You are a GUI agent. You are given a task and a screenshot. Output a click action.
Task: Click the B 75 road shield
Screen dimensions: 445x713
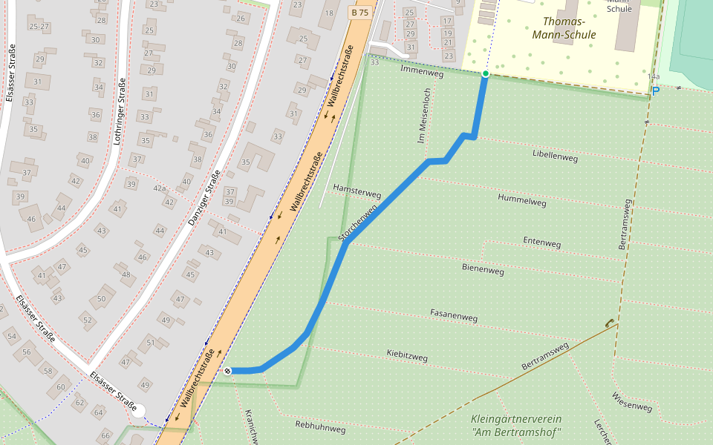click(359, 13)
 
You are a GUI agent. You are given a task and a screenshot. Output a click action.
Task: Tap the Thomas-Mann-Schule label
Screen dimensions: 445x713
click(564, 28)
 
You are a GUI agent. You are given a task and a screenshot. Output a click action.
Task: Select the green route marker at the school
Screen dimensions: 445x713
click(485, 73)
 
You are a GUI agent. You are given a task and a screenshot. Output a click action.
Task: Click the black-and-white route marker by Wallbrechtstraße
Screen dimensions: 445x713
click(227, 370)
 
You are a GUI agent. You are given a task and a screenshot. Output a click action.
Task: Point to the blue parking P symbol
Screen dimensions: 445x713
click(655, 90)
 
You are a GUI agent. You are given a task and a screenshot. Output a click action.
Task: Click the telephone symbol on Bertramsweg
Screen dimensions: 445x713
click(609, 323)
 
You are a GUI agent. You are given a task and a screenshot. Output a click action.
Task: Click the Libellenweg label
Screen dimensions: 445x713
click(555, 156)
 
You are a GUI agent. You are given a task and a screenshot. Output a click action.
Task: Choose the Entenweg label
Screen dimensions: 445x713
click(541, 242)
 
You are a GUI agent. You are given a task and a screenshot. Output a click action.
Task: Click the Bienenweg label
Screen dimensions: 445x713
click(483, 269)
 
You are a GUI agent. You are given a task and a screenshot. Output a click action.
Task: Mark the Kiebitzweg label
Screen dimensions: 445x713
click(407, 355)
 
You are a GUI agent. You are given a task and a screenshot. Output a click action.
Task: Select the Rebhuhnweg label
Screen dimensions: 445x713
click(318, 425)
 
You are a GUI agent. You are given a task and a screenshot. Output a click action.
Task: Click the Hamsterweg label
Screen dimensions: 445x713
click(357, 192)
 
